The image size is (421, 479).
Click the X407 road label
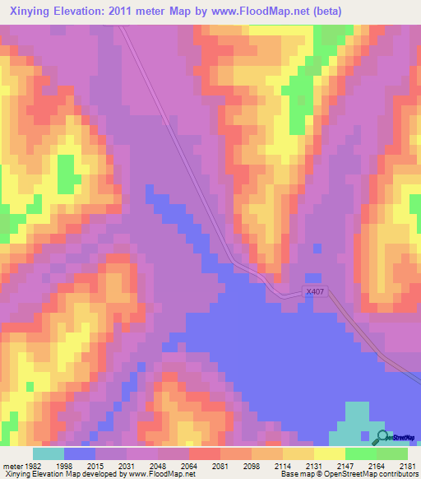[x=315, y=291]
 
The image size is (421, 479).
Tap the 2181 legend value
[x=409, y=465]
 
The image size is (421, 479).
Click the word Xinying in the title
[x=31, y=11]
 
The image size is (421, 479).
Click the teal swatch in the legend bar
[x=49, y=453]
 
